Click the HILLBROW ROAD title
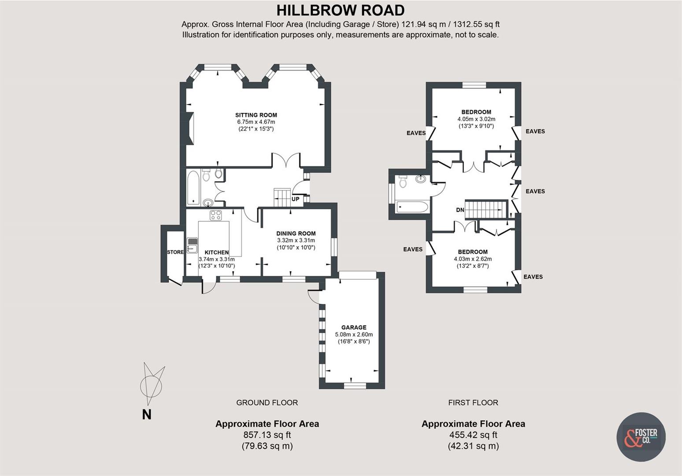(x=341, y=10)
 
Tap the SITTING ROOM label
(x=256, y=115)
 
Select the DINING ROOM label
(x=296, y=234)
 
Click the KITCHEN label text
(x=217, y=253)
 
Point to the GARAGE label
(x=354, y=327)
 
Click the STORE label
(x=175, y=252)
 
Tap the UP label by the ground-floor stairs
(x=295, y=199)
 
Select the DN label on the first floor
(x=460, y=210)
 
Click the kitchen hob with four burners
(x=215, y=215)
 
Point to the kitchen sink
(x=192, y=245)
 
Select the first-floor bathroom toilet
(x=402, y=181)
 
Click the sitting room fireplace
(x=189, y=129)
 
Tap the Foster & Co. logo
(x=641, y=437)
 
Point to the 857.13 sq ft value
(x=267, y=435)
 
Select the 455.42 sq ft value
(x=473, y=435)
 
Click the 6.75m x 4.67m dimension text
(x=256, y=122)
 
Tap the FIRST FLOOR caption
(x=473, y=402)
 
